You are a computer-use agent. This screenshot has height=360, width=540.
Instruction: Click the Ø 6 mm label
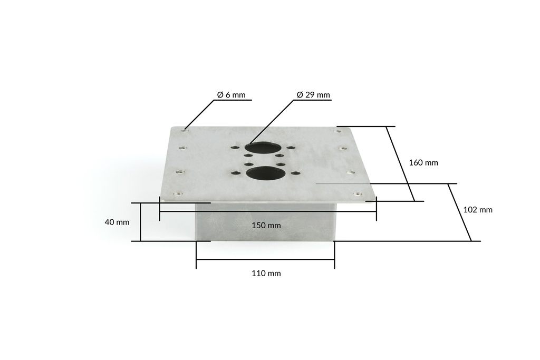(x=231, y=95)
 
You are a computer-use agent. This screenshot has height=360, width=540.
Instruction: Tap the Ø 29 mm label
(x=313, y=95)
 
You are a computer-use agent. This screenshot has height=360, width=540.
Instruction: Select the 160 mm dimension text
(x=423, y=162)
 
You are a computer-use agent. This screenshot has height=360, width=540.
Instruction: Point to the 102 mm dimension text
(x=477, y=209)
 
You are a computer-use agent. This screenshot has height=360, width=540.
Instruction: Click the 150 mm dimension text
(x=266, y=225)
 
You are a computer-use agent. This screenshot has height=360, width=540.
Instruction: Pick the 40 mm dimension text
(x=117, y=222)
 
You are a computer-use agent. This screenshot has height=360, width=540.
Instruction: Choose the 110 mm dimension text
(x=266, y=273)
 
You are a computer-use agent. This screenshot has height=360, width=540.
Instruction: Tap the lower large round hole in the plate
(x=266, y=172)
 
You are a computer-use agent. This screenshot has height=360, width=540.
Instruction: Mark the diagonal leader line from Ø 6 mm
(x=200, y=113)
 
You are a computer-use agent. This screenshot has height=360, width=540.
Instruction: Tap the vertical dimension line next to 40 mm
(x=141, y=222)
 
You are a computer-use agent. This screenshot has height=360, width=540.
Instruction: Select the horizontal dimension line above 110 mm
(x=265, y=259)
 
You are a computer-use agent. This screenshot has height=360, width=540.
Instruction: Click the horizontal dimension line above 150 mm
(x=268, y=212)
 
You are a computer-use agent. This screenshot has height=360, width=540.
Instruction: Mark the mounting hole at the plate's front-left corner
(x=177, y=193)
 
